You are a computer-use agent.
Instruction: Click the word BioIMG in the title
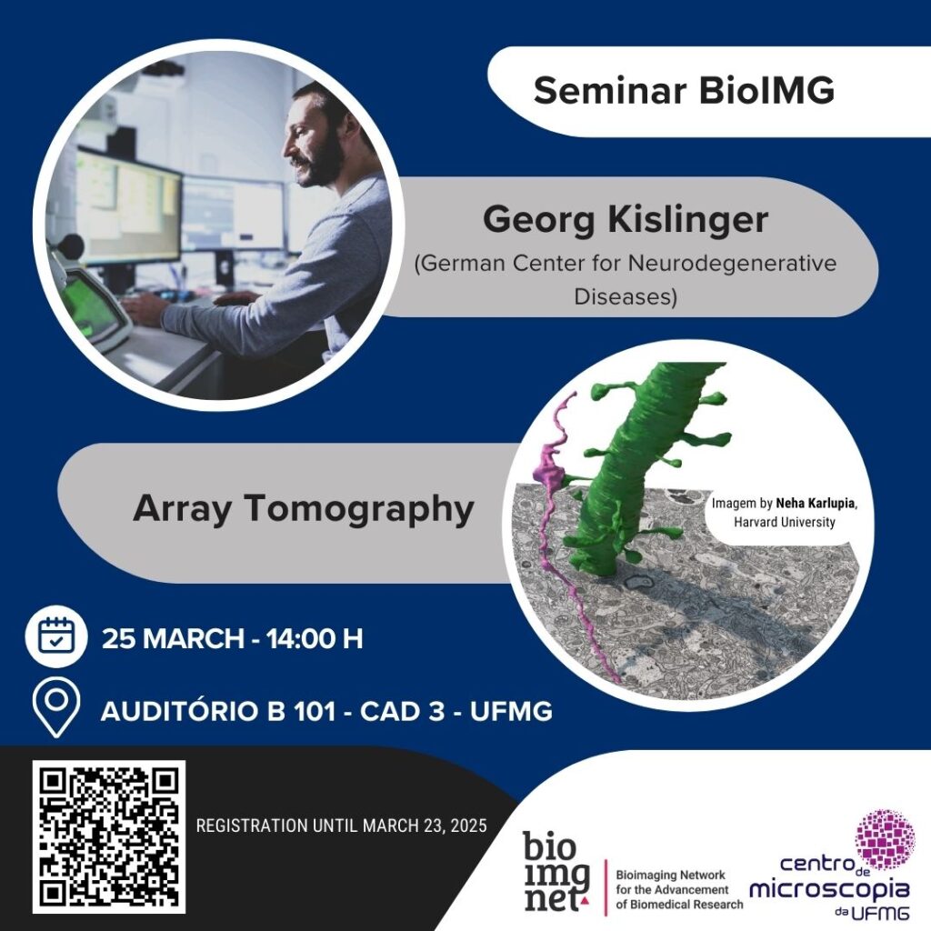(766, 90)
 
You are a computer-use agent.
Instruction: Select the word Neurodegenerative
(732, 263)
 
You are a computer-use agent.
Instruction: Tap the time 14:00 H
(314, 639)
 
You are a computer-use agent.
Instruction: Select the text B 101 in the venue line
(302, 711)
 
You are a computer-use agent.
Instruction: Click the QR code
(109, 836)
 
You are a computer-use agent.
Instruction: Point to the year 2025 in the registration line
(468, 826)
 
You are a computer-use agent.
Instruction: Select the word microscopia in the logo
(829, 889)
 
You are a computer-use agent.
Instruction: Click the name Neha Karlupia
(816, 504)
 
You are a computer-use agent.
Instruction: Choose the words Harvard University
(785, 522)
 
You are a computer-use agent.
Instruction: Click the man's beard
(326, 160)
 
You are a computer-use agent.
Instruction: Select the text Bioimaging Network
(670, 876)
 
